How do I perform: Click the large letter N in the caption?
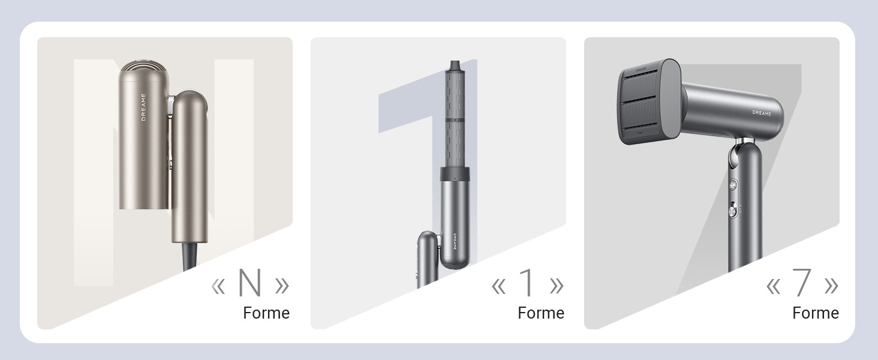pyautogui.click(x=249, y=283)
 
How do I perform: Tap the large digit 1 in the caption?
pyautogui.click(x=527, y=283)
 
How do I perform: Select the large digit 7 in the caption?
pyautogui.click(x=801, y=283)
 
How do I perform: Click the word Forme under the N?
pyautogui.click(x=266, y=313)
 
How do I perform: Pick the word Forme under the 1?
pyautogui.click(x=541, y=313)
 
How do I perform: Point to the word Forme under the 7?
pyautogui.click(x=816, y=313)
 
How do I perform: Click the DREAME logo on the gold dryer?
pyautogui.click(x=143, y=107)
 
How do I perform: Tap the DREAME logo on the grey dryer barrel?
pyautogui.click(x=762, y=113)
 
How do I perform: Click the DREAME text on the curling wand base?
pyautogui.click(x=455, y=241)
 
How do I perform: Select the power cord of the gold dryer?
pyautogui.click(x=190, y=256)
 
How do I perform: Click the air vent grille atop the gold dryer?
pyautogui.click(x=144, y=67)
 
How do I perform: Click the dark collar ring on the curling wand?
pyautogui.click(x=455, y=174)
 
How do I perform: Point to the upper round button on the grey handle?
pyautogui.click(x=733, y=184)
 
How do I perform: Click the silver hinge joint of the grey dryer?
pyautogui.click(x=737, y=153)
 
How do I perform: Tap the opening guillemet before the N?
pyautogui.click(x=218, y=286)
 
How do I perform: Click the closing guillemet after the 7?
pyautogui.click(x=831, y=286)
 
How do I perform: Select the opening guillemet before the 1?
pyautogui.click(x=498, y=286)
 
